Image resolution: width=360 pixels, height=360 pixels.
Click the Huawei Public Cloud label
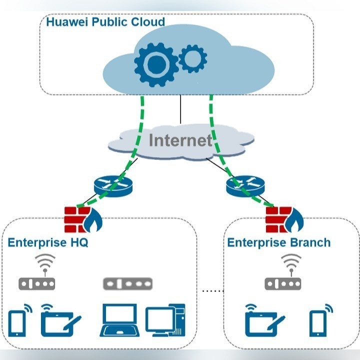pyautogui.click(x=105, y=23)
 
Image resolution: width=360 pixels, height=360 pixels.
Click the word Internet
pyautogui.click(x=180, y=140)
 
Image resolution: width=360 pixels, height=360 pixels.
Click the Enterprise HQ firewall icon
pyautogui.click(x=83, y=219)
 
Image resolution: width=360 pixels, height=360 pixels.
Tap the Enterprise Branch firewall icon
pyautogui.click(x=284, y=219)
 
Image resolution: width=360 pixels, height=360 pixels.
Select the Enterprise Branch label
pyautogui.click(x=279, y=243)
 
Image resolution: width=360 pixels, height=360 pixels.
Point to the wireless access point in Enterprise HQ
pyautogui.click(x=36, y=278)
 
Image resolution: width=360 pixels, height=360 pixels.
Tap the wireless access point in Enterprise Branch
pyautogui.click(x=283, y=278)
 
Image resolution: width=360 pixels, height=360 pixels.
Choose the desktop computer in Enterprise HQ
pyautogui.click(x=165, y=320)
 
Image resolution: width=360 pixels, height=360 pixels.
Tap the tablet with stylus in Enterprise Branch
pyautogui.click(x=264, y=321)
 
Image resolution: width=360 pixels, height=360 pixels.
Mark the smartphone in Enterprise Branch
pyautogui.click(x=319, y=321)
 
